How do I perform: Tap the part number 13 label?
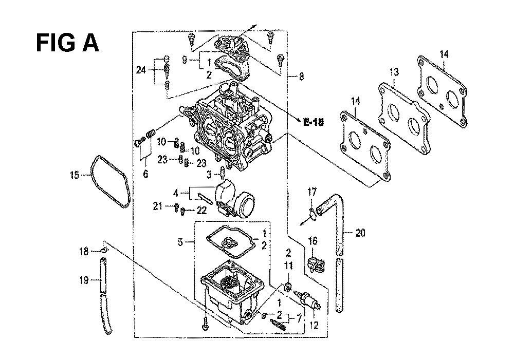coord(394,72)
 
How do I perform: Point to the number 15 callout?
coord(75,176)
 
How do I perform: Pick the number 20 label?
coord(360,233)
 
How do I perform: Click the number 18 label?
coord(84,251)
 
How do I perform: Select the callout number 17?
coord(311,194)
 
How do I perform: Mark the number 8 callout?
coord(301,78)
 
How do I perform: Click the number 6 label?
coord(145,174)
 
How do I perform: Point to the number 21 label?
coord(158,206)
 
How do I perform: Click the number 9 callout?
coord(185,61)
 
